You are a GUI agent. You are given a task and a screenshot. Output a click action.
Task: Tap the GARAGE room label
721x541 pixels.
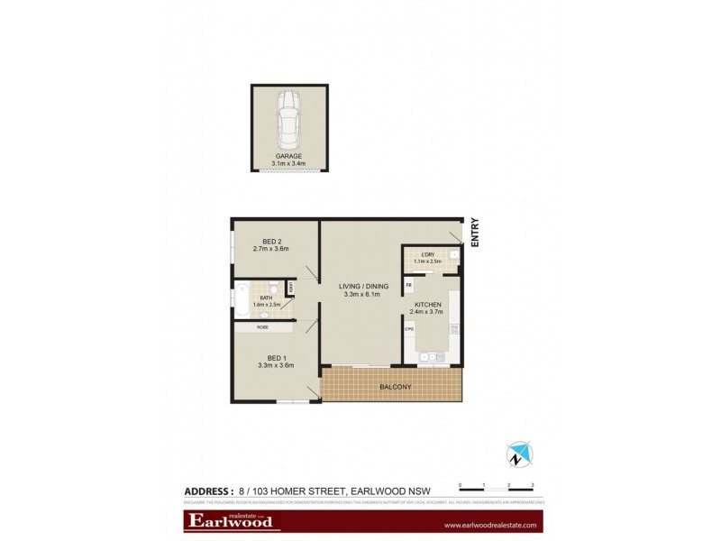pyautogui.click(x=289, y=156)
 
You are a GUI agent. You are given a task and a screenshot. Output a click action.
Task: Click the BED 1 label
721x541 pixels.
pyautogui.click(x=274, y=357)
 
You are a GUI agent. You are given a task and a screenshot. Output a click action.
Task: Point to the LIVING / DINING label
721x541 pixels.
pyautogui.click(x=364, y=286)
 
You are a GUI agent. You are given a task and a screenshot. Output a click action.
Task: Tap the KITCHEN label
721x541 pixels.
pyautogui.click(x=428, y=305)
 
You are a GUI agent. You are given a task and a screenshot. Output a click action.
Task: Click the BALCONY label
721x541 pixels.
pyautogui.click(x=396, y=388)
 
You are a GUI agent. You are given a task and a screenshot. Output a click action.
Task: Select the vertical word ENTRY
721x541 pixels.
pyautogui.click(x=474, y=234)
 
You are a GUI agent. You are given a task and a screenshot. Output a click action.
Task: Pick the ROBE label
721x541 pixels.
pyautogui.click(x=262, y=328)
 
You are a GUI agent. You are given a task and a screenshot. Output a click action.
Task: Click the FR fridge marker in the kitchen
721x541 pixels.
pyautogui.click(x=409, y=286)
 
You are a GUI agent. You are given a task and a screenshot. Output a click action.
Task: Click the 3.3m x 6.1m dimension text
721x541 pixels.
pyautogui.click(x=364, y=294)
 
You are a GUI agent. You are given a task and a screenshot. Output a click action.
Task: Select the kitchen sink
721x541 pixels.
pyautogui.click(x=428, y=357)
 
